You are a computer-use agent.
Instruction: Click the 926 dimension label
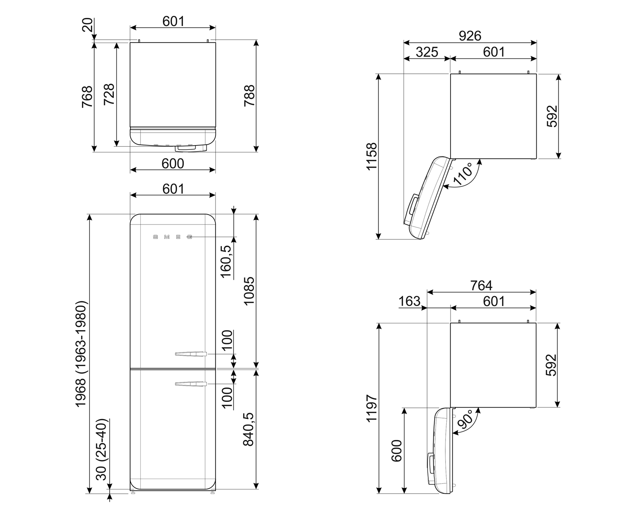[470, 36]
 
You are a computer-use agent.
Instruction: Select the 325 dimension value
[427, 52]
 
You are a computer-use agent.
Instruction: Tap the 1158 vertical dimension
[371, 156]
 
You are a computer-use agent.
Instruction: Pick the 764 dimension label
[481, 285]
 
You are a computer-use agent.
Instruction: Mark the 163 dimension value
[409, 301]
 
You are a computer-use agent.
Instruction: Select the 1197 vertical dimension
[371, 408]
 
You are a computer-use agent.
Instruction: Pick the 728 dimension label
[109, 94]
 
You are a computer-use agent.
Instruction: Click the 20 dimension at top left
[87, 25]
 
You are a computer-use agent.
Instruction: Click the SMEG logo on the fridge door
[173, 237]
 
